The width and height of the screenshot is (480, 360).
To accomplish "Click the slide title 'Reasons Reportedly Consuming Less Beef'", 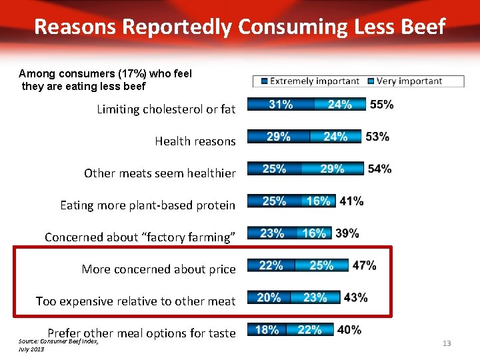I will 239,27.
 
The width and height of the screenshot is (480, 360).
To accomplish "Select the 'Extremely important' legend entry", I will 311,81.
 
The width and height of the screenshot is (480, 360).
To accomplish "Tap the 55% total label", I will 381,105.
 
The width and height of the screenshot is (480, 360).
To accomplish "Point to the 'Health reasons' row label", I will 195,141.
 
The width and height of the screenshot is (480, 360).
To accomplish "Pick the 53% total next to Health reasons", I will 377,137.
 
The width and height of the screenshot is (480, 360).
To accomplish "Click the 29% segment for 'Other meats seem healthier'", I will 331,169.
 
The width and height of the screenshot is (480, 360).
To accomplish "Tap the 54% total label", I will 379,169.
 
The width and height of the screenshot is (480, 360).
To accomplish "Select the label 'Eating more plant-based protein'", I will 147,205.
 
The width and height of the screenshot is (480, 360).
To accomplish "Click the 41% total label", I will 351,201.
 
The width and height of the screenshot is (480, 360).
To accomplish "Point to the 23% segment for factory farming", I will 272,233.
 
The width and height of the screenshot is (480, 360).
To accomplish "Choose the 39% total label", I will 347,233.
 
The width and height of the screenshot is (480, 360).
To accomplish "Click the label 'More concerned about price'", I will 159,269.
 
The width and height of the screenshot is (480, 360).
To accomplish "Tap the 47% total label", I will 364,265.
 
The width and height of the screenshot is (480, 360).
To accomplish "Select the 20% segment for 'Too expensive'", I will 269,297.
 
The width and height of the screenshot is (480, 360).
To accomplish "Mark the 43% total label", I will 355,297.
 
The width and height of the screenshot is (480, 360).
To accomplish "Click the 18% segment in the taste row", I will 267,329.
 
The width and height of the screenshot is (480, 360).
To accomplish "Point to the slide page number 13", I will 447,343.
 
